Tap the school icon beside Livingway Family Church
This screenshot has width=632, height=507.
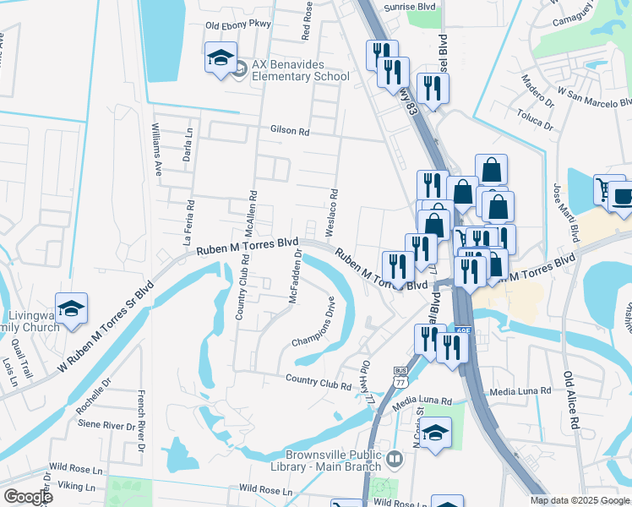pos(72,308)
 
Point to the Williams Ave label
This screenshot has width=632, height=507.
pos(156,149)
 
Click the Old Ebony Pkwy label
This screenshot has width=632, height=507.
pos(238,25)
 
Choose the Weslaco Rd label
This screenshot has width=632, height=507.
pos(333,206)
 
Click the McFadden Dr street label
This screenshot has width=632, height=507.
pos(295,275)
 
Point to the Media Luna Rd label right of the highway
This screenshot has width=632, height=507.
pos(520,391)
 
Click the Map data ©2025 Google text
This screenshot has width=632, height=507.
pos(580,500)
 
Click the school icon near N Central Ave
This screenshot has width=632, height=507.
pos(434,433)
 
